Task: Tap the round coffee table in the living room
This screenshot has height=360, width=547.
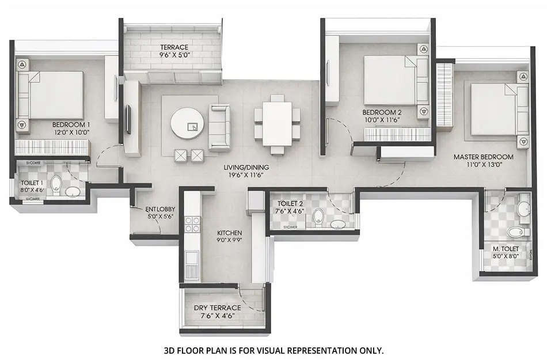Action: (x=187, y=123)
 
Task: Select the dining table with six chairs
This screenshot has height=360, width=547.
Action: (x=277, y=124)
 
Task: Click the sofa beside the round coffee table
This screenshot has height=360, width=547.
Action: (x=219, y=127)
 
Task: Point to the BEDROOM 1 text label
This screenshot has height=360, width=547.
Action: (x=71, y=125)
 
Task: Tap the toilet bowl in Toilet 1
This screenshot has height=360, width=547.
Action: (x=56, y=184)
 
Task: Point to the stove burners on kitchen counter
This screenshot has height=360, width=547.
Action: (x=192, y=225)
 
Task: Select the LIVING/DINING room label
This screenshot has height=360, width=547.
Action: (x=247, y=168)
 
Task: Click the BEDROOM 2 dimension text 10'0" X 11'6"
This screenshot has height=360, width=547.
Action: (x=381, y=119)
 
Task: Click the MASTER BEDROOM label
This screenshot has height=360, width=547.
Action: (x=483, y=157)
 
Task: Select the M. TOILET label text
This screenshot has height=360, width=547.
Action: (x=505, y=248)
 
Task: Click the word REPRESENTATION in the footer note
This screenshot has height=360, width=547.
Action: (x=310, y=350)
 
